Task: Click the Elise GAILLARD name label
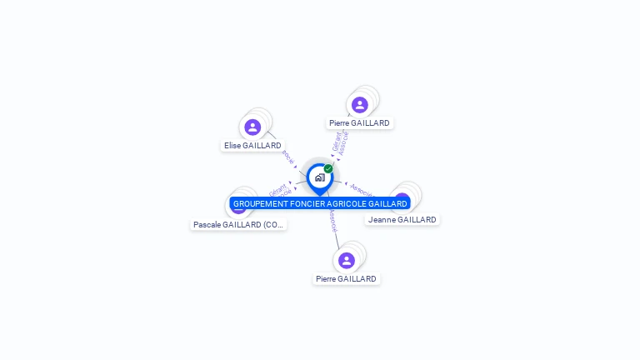(252, 145)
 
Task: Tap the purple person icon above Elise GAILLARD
(252, 127)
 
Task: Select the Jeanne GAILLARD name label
(402, 219)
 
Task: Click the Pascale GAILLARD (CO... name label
(238, 224)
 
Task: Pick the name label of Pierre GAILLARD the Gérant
(359, 122)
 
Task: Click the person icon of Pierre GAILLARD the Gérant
(360, 105)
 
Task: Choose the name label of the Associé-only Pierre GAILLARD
(346, 278)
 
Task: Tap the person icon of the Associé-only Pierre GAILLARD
(347, 260)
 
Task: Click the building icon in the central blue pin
(319, 177)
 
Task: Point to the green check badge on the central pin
(328, 168)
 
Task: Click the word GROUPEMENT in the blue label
(260, 203)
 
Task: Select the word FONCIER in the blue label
(308, 203)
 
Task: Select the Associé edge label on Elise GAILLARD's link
(287, 157)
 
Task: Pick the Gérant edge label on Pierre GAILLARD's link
(337, 142)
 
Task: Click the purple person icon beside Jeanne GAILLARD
(403, 200)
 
